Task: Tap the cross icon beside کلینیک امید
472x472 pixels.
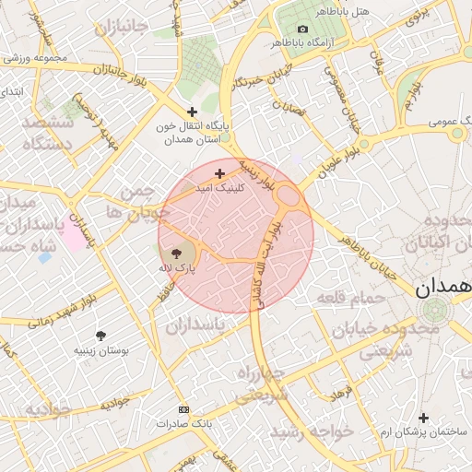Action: click(x=219, y=173)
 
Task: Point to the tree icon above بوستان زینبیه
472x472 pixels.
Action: click(x=101, y=336)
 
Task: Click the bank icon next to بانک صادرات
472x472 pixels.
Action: click(x=183, y=408)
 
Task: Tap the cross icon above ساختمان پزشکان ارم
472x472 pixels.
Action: click(x=423, y=419)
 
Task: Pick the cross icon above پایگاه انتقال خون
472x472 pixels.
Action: click(x=192, y=111)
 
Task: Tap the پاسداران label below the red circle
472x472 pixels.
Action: click(x=195, y=325)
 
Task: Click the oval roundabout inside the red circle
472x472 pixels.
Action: click(x=288, y=195)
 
